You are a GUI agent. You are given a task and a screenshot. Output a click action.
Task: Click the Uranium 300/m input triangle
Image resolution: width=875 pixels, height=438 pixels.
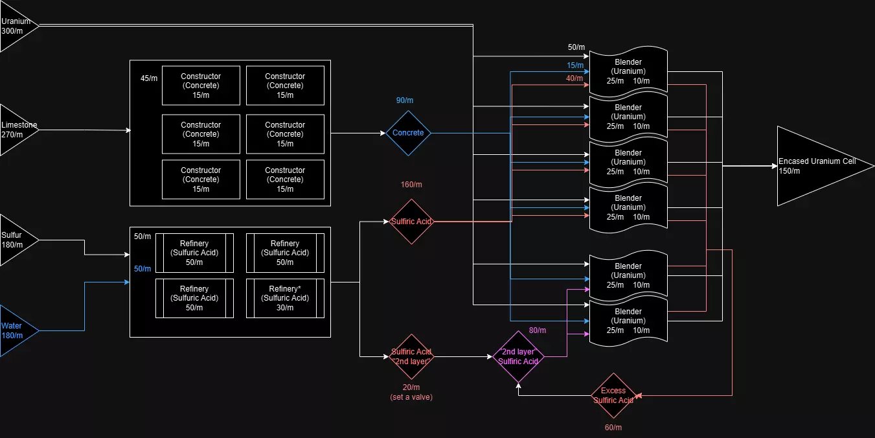(14, 26)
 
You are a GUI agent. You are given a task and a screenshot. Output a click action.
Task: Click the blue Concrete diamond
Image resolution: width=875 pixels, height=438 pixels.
(408, 133)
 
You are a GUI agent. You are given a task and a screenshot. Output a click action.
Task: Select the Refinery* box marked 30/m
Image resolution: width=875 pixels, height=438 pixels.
(285, 298)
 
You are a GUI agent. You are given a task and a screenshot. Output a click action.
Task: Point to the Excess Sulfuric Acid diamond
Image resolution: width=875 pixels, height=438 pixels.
(613, 395)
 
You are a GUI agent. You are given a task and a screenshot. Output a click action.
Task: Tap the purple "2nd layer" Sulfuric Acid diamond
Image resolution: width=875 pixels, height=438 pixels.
(518, 356)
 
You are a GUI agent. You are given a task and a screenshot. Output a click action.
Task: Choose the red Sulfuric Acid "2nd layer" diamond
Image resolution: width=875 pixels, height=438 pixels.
(411, 356)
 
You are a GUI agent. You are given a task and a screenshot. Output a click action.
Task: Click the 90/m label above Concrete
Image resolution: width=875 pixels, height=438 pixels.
(405, 100)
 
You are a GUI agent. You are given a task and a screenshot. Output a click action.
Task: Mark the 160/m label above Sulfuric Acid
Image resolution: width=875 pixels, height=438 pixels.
(411, 185)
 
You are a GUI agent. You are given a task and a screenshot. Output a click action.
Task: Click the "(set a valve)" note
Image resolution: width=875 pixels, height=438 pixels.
(411, 397)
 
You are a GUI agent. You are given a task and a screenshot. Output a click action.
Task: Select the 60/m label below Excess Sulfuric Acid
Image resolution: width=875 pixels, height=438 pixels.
(612, 428)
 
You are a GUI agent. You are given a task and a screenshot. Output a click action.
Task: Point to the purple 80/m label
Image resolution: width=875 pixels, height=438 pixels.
(538, 330)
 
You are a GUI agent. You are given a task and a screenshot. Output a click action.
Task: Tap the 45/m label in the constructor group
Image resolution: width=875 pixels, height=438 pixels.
(149, 78)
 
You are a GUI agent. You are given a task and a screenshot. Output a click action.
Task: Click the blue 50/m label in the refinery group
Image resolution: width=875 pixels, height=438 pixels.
(142, 269)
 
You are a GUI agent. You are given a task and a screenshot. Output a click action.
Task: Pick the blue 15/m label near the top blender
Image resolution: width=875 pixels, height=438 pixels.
(575, 65)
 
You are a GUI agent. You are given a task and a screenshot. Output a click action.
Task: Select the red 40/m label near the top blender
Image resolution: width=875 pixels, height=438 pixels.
(574, 78)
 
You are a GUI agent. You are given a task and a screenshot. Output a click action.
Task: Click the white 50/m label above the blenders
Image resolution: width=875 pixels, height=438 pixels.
(576, 47)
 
